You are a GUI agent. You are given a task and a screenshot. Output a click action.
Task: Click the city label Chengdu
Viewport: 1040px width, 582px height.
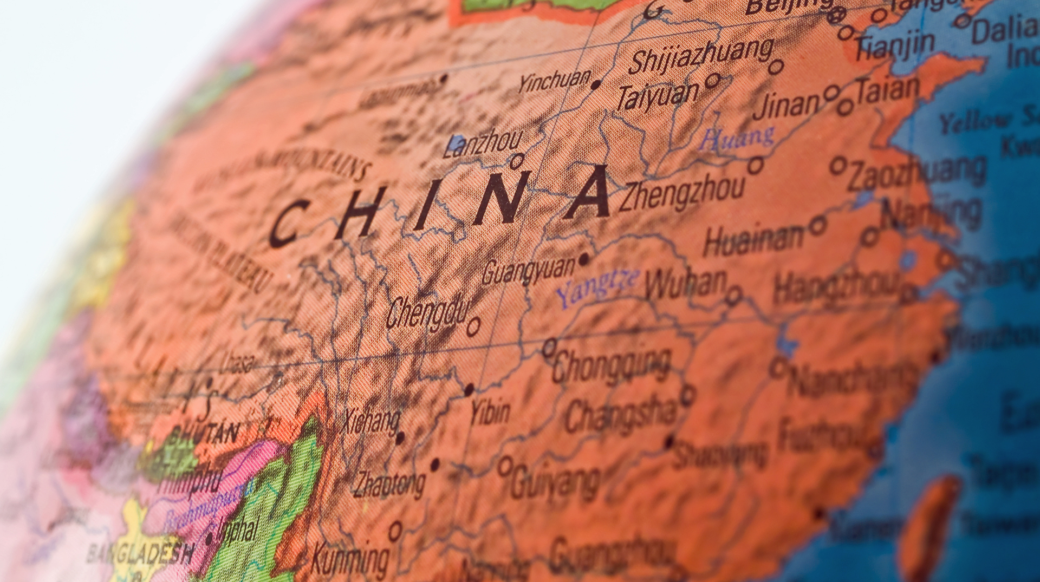click(x=427, y=312)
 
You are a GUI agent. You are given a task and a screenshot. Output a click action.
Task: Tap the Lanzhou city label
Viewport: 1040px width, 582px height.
click(x=482, y=143)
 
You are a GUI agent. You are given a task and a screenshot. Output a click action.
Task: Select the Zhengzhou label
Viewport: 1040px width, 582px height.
click(x=681, y=194)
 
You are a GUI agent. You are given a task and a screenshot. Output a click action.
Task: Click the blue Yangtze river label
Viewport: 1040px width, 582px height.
click(x=597, y=287)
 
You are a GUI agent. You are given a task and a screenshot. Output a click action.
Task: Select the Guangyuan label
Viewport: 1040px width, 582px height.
click(x=528, y=271)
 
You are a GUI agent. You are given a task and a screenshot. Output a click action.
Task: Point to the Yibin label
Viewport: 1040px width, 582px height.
click(x=490, y=413)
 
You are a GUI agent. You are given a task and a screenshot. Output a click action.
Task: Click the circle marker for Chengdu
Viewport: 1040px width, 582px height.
click(x=473, y=326)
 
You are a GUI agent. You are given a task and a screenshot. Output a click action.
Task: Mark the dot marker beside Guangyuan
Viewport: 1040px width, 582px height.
click(x=583, y=259)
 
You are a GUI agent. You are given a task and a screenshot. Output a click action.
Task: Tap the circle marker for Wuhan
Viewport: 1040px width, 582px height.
click(x=733, y=296)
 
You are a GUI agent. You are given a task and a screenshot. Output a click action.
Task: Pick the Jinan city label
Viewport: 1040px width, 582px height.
click(x=786, y=105)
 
